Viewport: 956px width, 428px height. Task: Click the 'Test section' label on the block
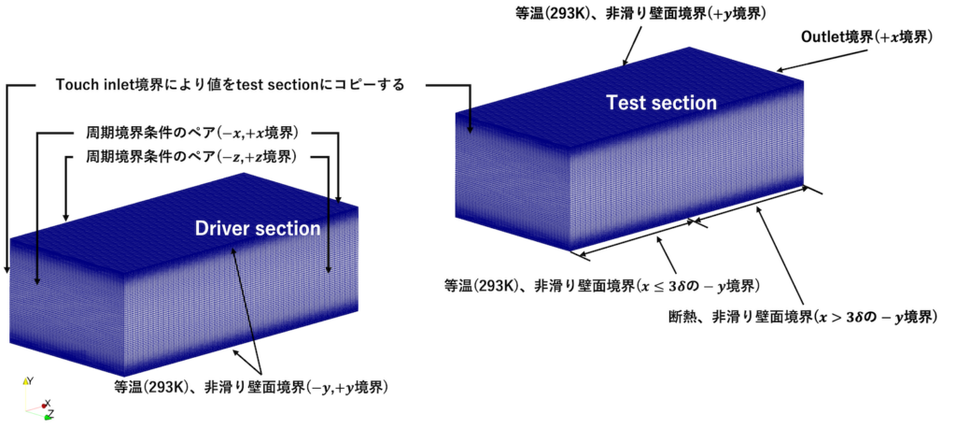(661, 103)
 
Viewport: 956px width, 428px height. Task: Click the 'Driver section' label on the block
(258, 228)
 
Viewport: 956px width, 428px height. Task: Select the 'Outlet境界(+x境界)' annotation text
(866, 36)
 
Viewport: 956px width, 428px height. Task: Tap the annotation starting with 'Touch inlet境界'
(230, 85)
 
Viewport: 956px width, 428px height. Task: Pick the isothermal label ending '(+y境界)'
(632, 12)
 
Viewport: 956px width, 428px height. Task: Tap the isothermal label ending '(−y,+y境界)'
(250, 387)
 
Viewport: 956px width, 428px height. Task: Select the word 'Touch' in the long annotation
(74, 85)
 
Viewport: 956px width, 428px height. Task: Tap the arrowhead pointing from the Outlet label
(780, 69)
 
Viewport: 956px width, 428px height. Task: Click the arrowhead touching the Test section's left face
(471, 129)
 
